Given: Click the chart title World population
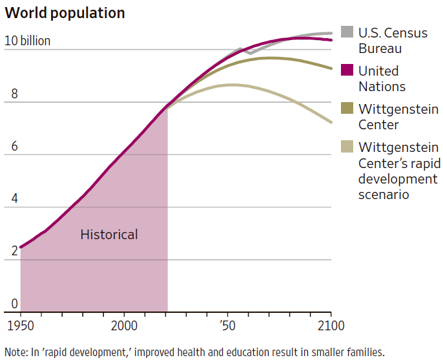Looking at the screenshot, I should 65,13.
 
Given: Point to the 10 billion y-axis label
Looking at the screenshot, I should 27,41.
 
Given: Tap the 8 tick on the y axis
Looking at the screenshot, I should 10,94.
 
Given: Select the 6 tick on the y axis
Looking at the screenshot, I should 10,147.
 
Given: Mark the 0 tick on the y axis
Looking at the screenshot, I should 10,304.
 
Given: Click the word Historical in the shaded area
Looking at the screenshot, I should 109,235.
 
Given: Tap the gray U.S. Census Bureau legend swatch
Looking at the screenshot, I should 347,32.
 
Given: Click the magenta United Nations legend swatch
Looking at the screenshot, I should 347,70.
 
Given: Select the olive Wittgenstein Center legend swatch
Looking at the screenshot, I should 347,109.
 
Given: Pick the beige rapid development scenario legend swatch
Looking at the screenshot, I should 347,147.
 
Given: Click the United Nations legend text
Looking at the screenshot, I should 382,79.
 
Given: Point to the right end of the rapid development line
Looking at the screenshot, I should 331,122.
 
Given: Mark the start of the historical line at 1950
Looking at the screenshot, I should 21,247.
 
